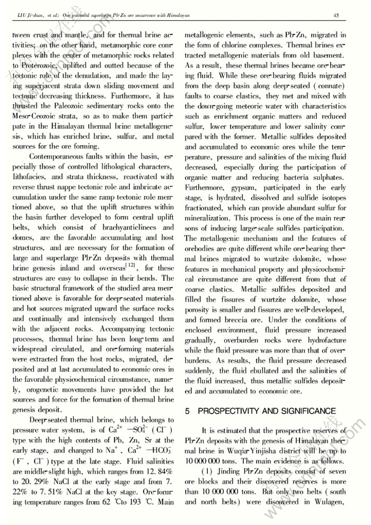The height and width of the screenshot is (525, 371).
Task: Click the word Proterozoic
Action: (33, 66)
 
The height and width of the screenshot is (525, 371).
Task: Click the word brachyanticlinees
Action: (121, 227)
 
